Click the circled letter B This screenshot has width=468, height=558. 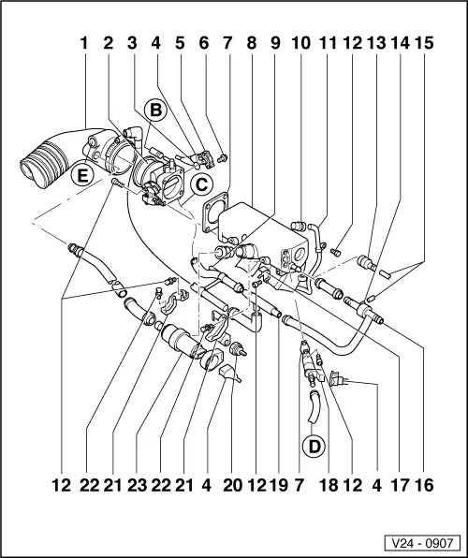[155, 111]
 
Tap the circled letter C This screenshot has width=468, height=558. [201, 184]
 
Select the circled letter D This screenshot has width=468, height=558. [314, 446]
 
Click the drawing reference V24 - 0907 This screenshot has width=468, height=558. [421, 541]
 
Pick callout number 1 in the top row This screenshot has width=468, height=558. [85, 43]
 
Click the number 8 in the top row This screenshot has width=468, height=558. [251, 43]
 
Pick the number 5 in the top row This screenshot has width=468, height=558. [180, 43]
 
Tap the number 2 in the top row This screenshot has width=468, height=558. [109, 43]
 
